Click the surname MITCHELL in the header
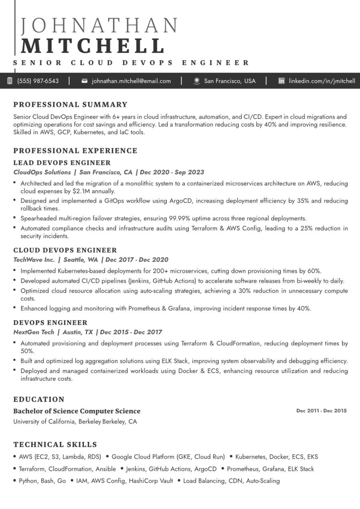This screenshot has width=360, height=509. click(x=93, y=46)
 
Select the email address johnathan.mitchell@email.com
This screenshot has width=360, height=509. click(x=131, y=81)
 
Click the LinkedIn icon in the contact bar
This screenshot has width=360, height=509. click(x=282, y=81)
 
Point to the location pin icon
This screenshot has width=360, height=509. click(x=196, y=81)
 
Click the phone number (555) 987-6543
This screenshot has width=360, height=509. click(x=38, y=81)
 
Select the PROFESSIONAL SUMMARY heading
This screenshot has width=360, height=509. click(x=70, y=105)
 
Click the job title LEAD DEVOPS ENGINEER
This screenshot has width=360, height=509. click(x=62, y=163)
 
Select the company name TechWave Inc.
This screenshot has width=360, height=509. click(x=34, y=259)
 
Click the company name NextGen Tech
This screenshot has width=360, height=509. click(x=34, y=332)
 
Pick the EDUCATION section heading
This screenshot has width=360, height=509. click(x=39, y=399)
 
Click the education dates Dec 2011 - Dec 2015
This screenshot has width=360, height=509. click(x=322, y=411)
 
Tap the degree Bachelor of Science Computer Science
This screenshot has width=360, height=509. click(x=77, y=411)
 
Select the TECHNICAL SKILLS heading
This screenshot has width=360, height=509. click(x=55, y=444)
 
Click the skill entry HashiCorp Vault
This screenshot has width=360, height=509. click(x=151, y=481)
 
